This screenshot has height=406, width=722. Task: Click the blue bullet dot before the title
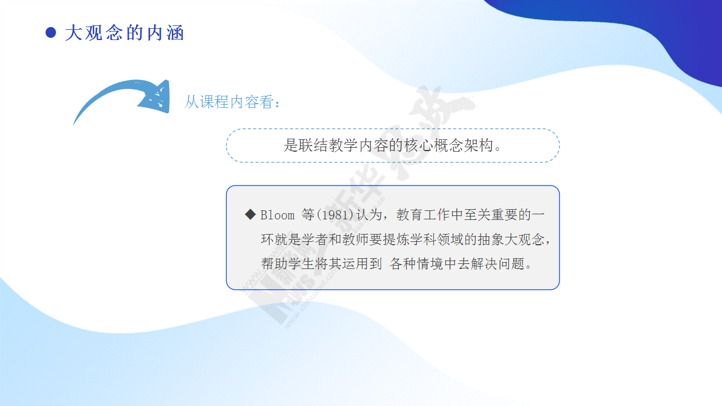[51, 33]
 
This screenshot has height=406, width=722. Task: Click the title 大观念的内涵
[125, 33]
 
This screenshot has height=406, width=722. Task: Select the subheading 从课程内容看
[229, 102]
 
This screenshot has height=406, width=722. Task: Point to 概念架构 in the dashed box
[463, 145]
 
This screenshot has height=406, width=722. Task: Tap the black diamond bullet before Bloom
[250, 214]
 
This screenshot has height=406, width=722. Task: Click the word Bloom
[278, 215]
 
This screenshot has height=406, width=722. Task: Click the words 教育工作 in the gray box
[423, 215]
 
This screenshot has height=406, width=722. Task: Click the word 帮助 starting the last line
[274, 264]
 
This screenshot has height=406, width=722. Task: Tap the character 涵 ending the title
[175, 33]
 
